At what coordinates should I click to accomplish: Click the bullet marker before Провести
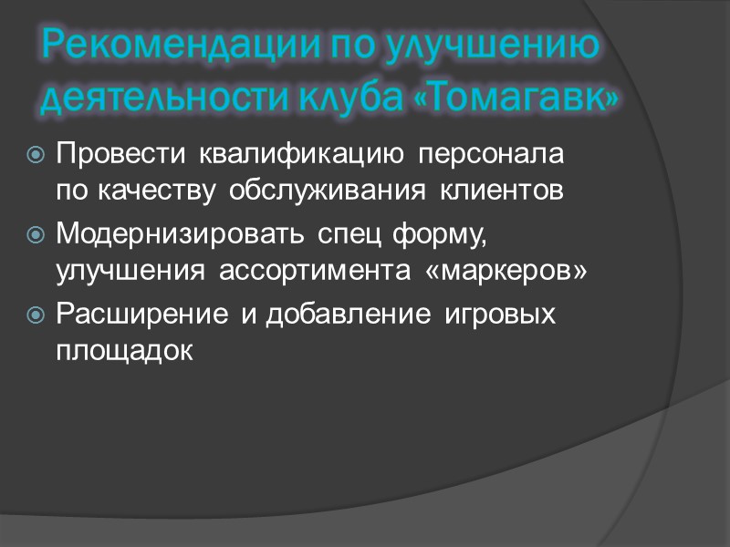tap(36, 155)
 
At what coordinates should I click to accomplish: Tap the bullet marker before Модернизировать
tap(36, 235)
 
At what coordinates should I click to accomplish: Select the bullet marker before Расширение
tap(36, 315)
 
